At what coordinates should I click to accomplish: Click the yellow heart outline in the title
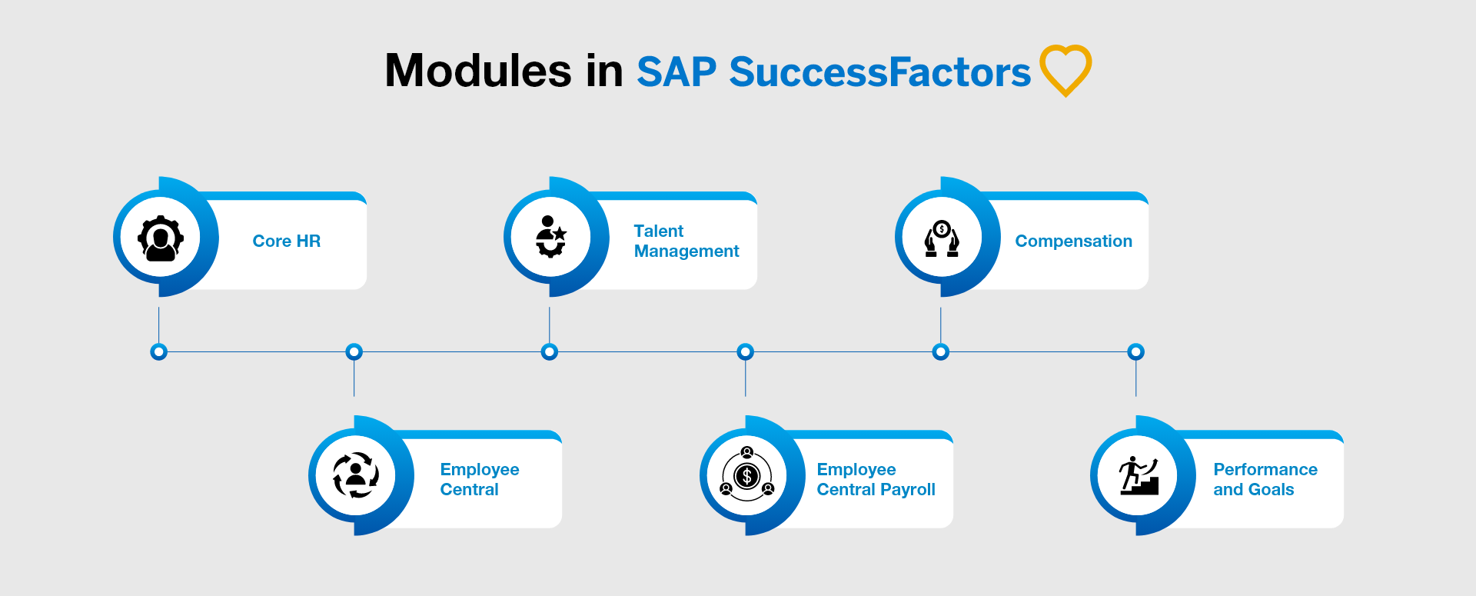click(1065, 70)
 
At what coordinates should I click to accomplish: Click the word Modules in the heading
click(478, 71)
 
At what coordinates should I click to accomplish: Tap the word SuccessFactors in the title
click(879, 72)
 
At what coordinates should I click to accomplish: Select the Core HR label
click(286, 241)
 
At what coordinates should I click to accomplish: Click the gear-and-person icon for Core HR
click(161, 238)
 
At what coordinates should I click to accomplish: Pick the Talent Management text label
click(686, 241)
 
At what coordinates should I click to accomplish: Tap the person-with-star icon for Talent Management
click(550, 237)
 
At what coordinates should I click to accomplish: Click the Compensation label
click(1073, 241)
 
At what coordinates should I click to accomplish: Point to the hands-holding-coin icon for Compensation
click(942, 238)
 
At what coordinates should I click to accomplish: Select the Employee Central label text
click(479, 480)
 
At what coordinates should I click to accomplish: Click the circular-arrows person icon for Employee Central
click(355, 475)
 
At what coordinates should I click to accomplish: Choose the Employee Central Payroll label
click(876, 480)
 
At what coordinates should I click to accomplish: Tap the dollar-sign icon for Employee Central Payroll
click(746, 476)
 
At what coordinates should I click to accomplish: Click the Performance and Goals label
click(1265, 480)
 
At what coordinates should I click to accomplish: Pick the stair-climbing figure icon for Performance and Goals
click(1139, 475)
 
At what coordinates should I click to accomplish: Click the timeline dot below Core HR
click(158, 352)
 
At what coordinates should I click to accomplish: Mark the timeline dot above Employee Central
click(354, 352)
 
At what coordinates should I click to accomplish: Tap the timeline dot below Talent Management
click(549, 352)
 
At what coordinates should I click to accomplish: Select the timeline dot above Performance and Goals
click(1135, 352)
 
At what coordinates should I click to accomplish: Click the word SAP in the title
click(676, 72)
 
